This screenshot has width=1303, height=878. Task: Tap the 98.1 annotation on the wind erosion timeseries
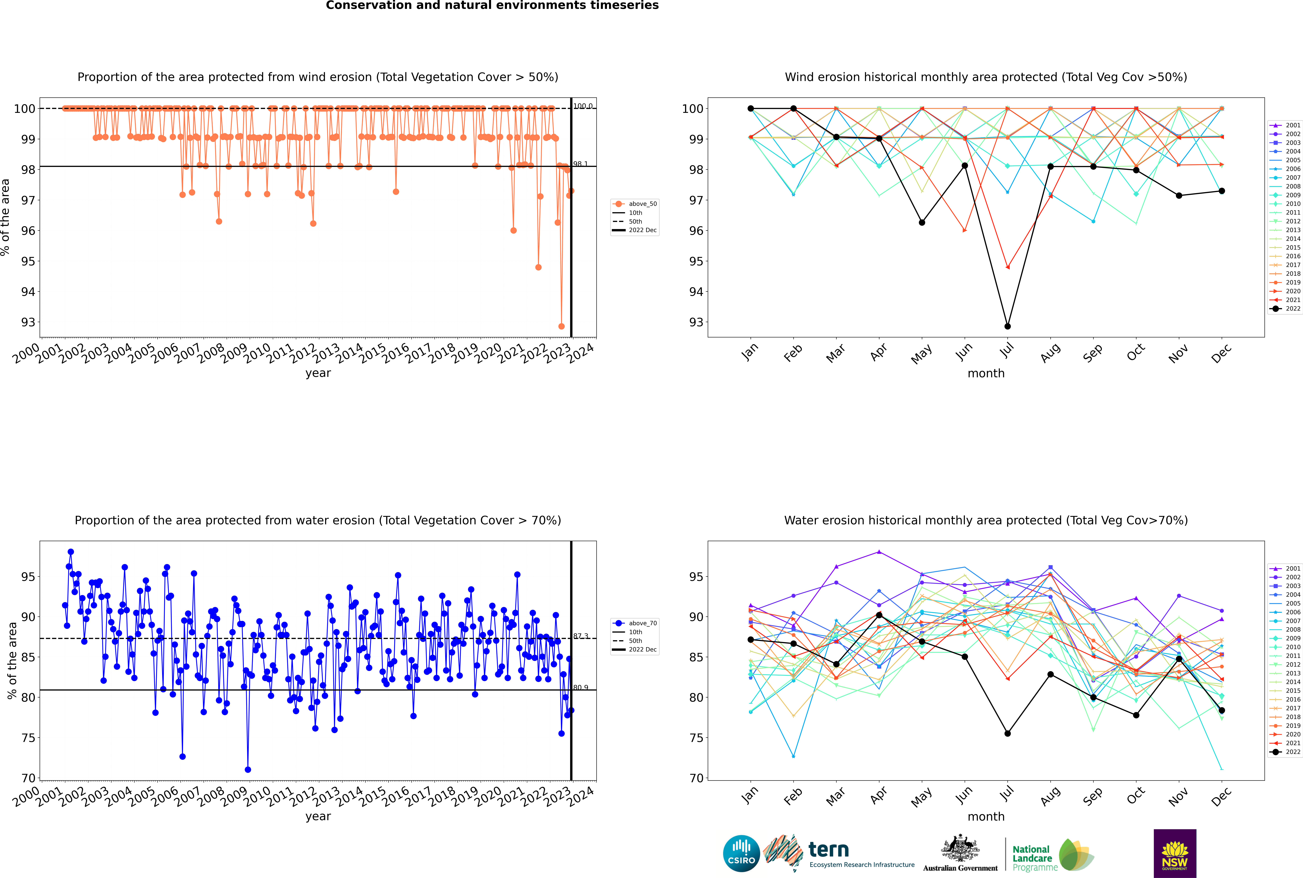[580, 164]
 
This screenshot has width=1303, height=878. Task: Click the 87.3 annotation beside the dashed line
[580, 636]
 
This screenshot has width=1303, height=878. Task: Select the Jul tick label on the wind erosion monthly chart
[1007, 350]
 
